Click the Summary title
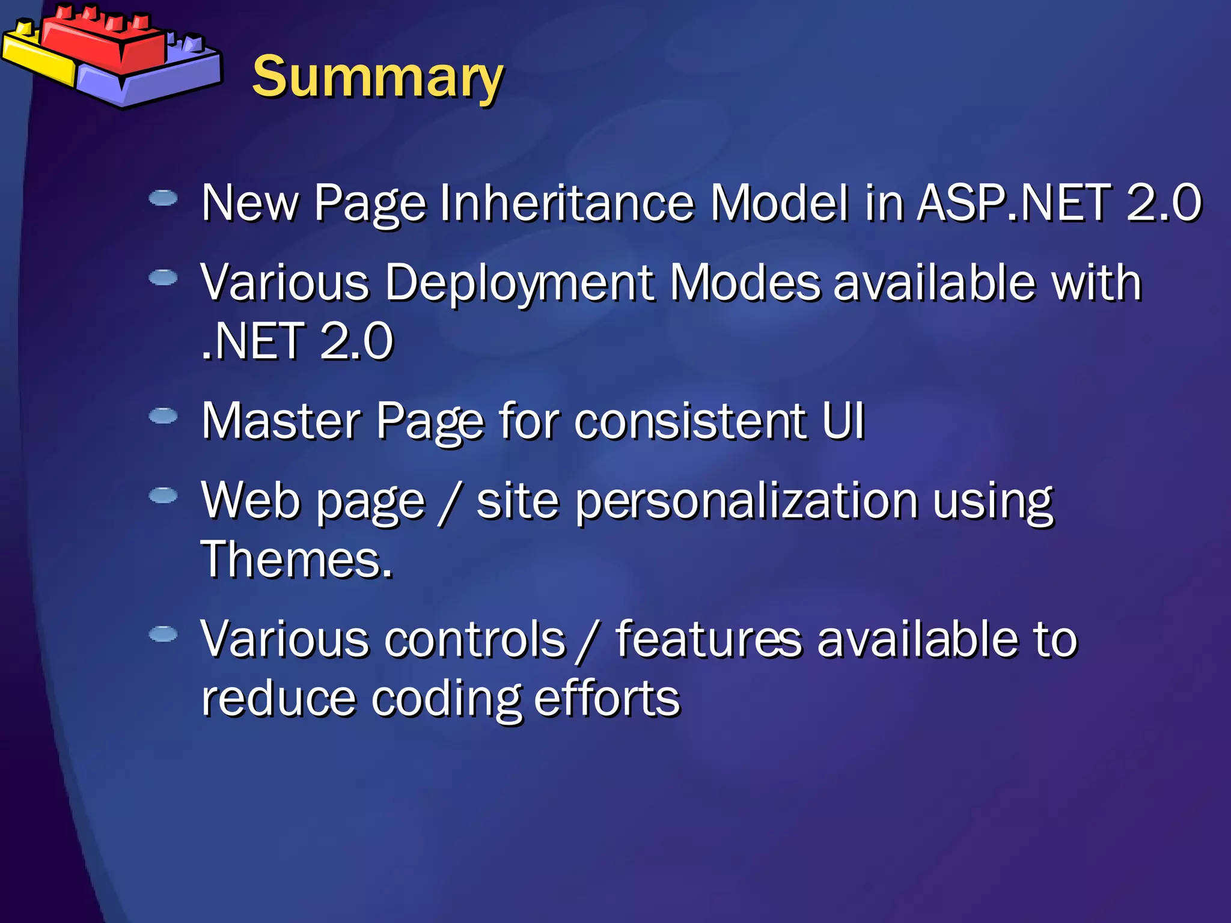click(x=377, y=77)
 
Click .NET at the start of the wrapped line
click(x=252, y=341)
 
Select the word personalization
click(x=746, y=501)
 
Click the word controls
click(x=475, y=639)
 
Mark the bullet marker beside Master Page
click(x=163, y=416)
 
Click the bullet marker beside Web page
click(x=163, y=495)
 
